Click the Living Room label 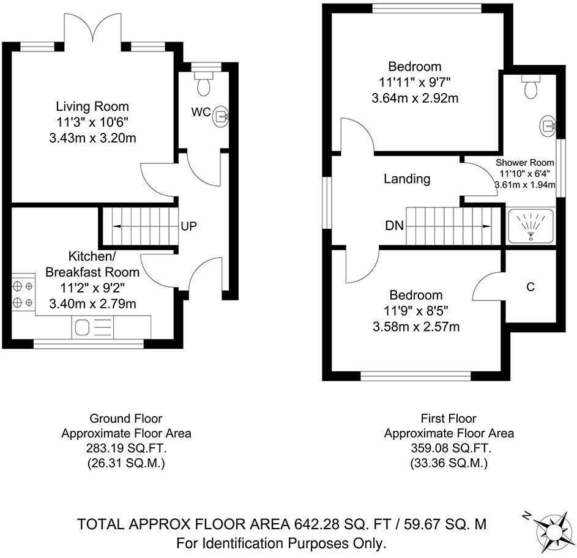[92, 106]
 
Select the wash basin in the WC [221, 116]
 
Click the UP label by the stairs [189, 226]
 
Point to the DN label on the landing [394, 225]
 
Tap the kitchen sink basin [82, 327]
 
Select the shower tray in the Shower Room [530, 226]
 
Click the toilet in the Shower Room [530, 86]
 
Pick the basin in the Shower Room [548, 125]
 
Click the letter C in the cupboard [530, 287]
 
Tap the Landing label [407, 179]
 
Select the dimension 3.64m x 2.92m [415, 99]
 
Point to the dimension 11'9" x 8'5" [416, 311]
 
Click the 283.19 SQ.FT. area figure [126, 448]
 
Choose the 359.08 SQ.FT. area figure [451, 448]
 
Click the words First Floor [449, 418]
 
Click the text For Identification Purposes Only [281, 543]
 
